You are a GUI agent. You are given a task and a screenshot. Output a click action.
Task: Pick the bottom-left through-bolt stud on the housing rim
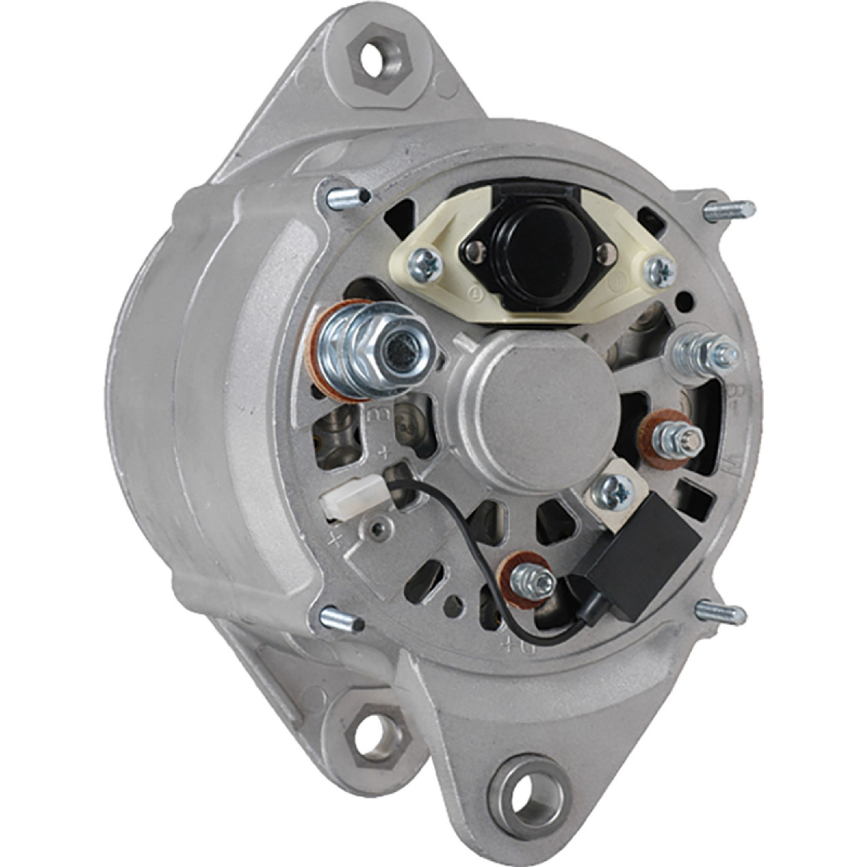click(340, 619)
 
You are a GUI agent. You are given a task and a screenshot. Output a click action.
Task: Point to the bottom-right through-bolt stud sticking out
click(723, 612)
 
